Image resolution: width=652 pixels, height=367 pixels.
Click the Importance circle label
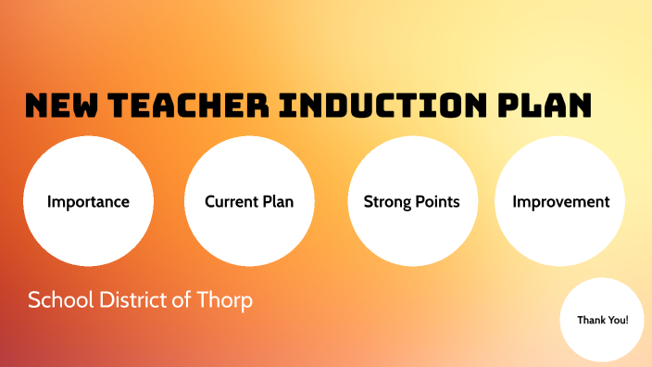point(88,202)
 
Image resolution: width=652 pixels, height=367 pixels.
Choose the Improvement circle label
point(561,202)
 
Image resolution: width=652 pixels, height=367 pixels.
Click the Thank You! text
point(603,320)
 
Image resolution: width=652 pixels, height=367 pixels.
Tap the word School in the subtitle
point(58,301)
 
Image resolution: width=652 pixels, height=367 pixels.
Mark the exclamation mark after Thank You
point(627,320)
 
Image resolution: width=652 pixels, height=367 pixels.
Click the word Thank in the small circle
point(591,320)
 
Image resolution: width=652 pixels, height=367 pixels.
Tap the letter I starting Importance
point(49,202)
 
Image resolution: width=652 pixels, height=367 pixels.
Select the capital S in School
point(33,301)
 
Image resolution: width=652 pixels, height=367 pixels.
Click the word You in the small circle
point(617,320)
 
